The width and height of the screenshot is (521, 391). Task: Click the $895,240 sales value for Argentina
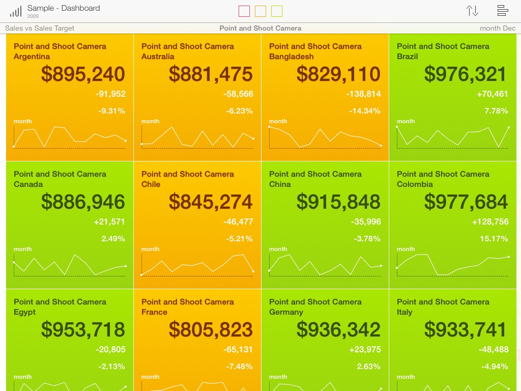(83, 74)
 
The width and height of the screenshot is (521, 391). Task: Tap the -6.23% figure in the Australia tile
(239, 111)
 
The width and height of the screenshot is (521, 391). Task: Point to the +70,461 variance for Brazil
(493, 94)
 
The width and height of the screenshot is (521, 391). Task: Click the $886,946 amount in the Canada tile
(83, 202)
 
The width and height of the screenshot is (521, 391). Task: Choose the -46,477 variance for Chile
(238, 221)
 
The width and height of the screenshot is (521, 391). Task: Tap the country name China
(280, 184)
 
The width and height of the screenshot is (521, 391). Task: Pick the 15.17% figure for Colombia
(494, 239)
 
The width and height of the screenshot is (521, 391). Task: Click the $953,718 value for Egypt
(83, 330)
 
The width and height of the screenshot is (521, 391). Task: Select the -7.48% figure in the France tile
(239, 367)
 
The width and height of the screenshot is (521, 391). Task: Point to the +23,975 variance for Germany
(365, 349)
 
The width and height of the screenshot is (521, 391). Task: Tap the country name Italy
(404, 312)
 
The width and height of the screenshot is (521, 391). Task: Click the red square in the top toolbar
(244, 11)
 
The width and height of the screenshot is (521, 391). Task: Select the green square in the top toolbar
(277, 11)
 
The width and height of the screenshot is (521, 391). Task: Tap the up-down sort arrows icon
(472, 11)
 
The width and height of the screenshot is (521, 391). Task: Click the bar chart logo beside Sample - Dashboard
(16, 11)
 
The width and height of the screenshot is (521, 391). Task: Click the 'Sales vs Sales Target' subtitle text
(40, 29)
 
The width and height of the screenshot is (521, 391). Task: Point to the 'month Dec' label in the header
(498, 29)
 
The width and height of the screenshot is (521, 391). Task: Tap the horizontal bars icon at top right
(503, 11)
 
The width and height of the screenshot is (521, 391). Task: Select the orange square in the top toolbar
(260, 11)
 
